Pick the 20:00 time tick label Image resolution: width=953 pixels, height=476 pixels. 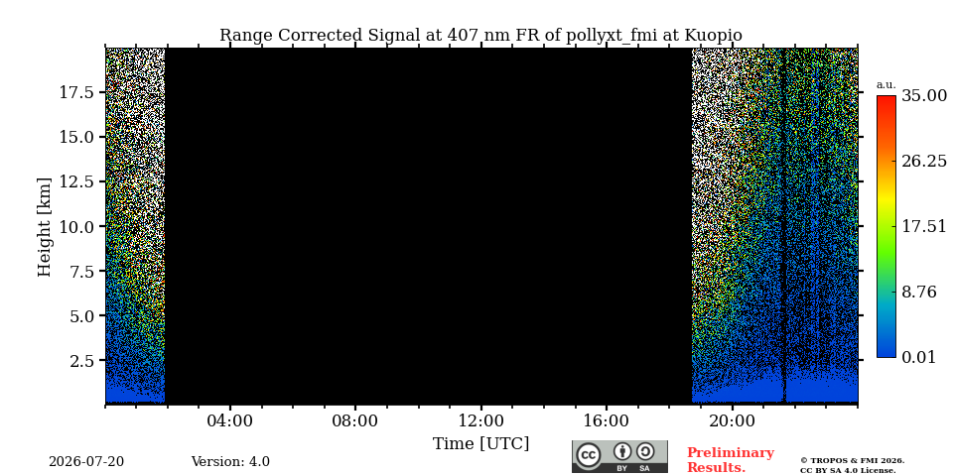tap(732, 420)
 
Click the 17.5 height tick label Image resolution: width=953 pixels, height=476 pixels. tap(76, 92)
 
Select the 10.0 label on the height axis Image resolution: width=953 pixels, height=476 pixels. tap(76, 226)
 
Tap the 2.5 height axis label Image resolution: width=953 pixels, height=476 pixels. tap(81, 361)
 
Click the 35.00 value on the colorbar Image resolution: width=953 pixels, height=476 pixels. tap(924, 95)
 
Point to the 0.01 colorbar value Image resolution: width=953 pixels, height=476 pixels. tap(918, 357)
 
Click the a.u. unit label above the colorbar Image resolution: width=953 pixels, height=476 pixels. tap(886, 85)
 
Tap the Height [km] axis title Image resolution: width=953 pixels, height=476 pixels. tap(45, 227)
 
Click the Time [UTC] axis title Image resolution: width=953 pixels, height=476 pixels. tap(480, 444)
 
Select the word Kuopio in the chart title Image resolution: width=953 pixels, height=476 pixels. tap(714, 36)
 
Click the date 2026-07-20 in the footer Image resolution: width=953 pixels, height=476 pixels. tap(86, 462)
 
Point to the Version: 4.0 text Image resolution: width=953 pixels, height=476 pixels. tap(230, 462)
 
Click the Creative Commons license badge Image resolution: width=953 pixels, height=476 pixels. tap(619, 456)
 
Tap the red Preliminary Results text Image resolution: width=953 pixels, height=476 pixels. tap(731, 459)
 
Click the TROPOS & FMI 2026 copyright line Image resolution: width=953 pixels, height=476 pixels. tap(852, 461)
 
